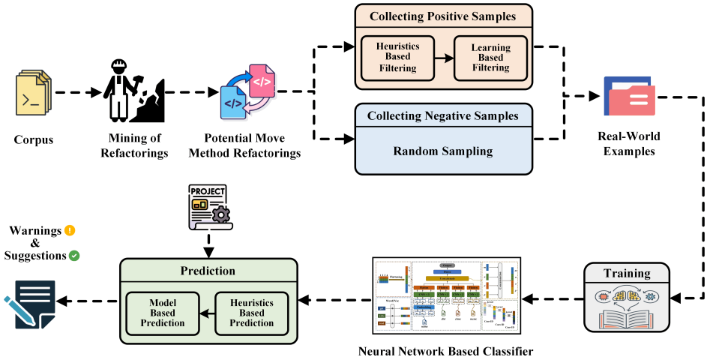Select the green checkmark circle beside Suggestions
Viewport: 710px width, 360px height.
[x=74, y=256]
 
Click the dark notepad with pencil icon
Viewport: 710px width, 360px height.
[x=32, y=304]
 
